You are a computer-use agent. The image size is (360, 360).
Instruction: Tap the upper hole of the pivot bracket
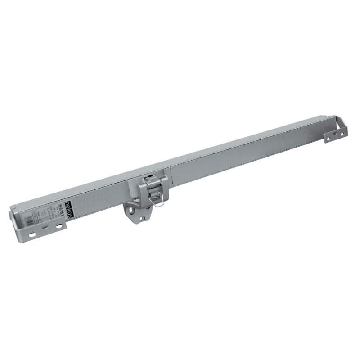[x=132, y=209]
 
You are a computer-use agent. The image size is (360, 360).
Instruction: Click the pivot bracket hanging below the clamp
[x=137, y=214]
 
